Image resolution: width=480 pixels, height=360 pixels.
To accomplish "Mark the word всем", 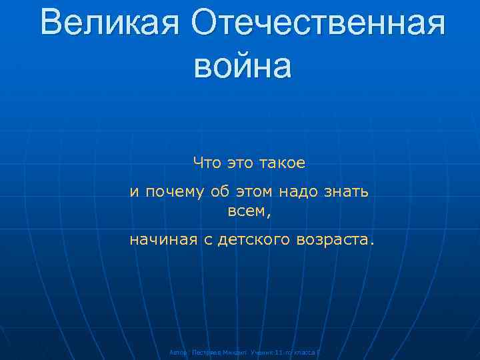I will [x=245, y=213].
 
